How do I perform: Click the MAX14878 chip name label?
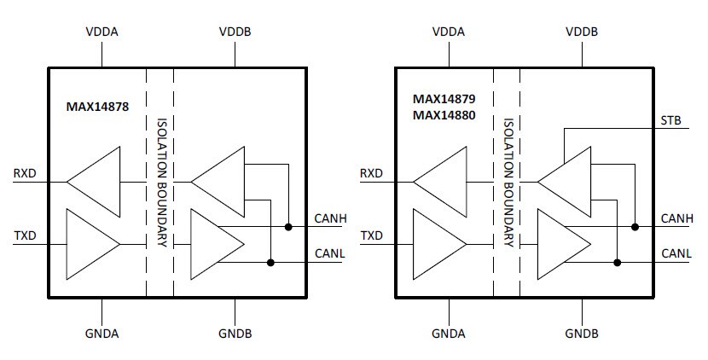tap(97, 107)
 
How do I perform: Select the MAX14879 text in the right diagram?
tap(442, 99)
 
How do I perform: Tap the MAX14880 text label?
tap(442, 114)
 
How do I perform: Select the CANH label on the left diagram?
tap(329, 218)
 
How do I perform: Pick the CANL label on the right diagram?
tap(676, 253)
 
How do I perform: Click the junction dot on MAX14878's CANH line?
tap(289, 227)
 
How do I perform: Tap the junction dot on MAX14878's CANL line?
tap(270, 262)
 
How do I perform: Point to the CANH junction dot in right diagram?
tap(635, 227)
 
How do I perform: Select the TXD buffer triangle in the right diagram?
tap(438, 244)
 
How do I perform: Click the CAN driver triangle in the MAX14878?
tap(213, 244)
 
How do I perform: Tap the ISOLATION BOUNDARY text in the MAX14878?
tap(160, 181)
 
